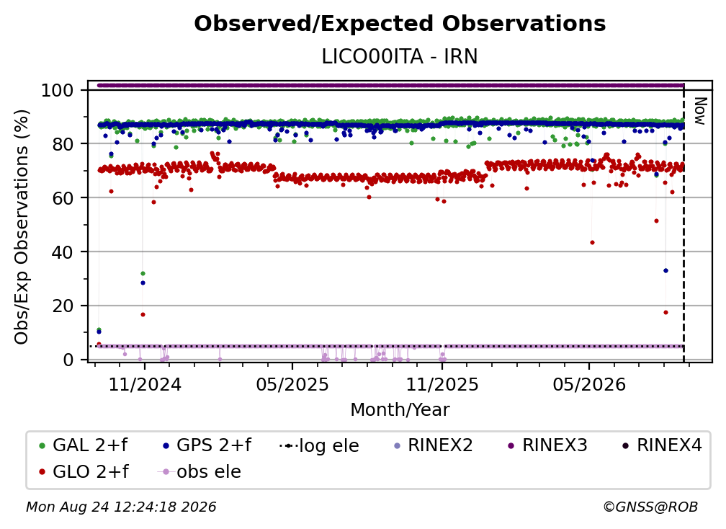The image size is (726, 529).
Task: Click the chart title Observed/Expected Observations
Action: point(400,24)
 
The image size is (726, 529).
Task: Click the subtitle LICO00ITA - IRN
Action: point(400,56)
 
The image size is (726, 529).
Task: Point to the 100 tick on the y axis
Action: point(57,90)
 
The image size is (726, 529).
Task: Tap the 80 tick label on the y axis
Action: point(63,144)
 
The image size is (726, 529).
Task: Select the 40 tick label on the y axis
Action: point(63,252)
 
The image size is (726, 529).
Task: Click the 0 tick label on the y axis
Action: point(68,360)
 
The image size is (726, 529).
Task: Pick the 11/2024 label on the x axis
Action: point(145,384)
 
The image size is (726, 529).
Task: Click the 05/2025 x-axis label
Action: point(292,384)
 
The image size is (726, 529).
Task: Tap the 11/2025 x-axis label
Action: point(442,384)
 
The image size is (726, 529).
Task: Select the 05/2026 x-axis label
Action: point(589,384)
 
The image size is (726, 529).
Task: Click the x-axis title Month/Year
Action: point(400,409)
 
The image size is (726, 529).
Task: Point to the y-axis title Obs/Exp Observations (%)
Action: point(22,226)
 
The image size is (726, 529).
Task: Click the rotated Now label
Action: point(700,111)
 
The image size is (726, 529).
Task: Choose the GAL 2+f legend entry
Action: point(84,445)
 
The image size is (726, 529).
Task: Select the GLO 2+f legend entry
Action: point(84,471)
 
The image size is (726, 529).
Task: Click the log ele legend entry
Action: point(320,445)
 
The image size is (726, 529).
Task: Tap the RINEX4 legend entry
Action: point(662,445)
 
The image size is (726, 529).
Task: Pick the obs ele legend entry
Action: point(200,471)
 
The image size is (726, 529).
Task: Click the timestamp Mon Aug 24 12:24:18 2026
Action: point(121,507)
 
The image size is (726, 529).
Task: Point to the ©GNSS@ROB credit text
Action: point(650,507)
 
